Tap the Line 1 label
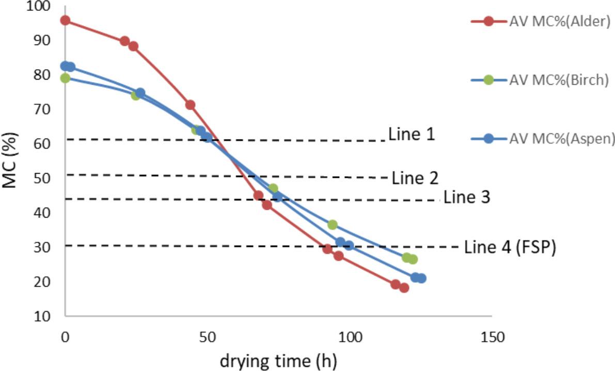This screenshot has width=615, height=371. (411, 135)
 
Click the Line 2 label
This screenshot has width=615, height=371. (415, 178)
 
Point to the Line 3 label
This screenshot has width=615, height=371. (467, 197)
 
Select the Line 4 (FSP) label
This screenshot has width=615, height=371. (510, 248)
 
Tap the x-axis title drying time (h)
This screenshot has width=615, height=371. (279, 361)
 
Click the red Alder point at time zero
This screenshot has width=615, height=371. (65, 21)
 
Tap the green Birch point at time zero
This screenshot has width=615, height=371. (65, 78)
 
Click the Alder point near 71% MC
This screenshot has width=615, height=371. (190, 105)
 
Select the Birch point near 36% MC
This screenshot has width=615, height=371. (333, 225)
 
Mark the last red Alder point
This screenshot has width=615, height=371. (404, 288)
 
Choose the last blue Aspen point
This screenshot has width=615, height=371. (421, 279)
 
